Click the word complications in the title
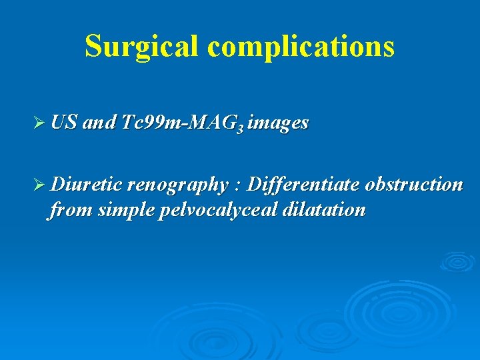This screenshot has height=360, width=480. pyautogui.click(x=301, y=46)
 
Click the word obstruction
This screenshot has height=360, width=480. pyautogui.click(x=413, y=184)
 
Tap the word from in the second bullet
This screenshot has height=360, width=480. pyautogui.click(x=69, y=211)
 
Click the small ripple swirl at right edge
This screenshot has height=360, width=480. pyautogui.click(x=457, y=262)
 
